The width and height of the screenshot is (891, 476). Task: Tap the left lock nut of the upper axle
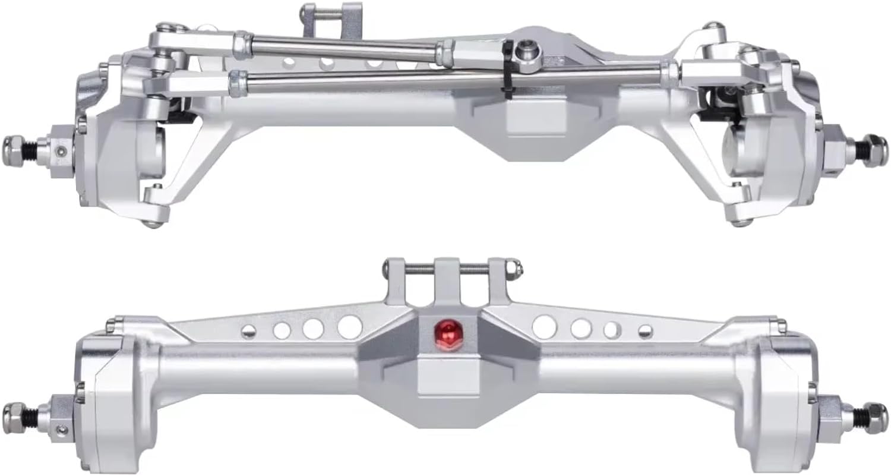pos(15,144)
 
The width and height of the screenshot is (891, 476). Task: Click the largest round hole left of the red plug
pos(349,327)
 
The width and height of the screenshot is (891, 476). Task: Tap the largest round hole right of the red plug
pos(545,327)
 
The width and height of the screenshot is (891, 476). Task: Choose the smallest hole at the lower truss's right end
pos(645,332)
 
